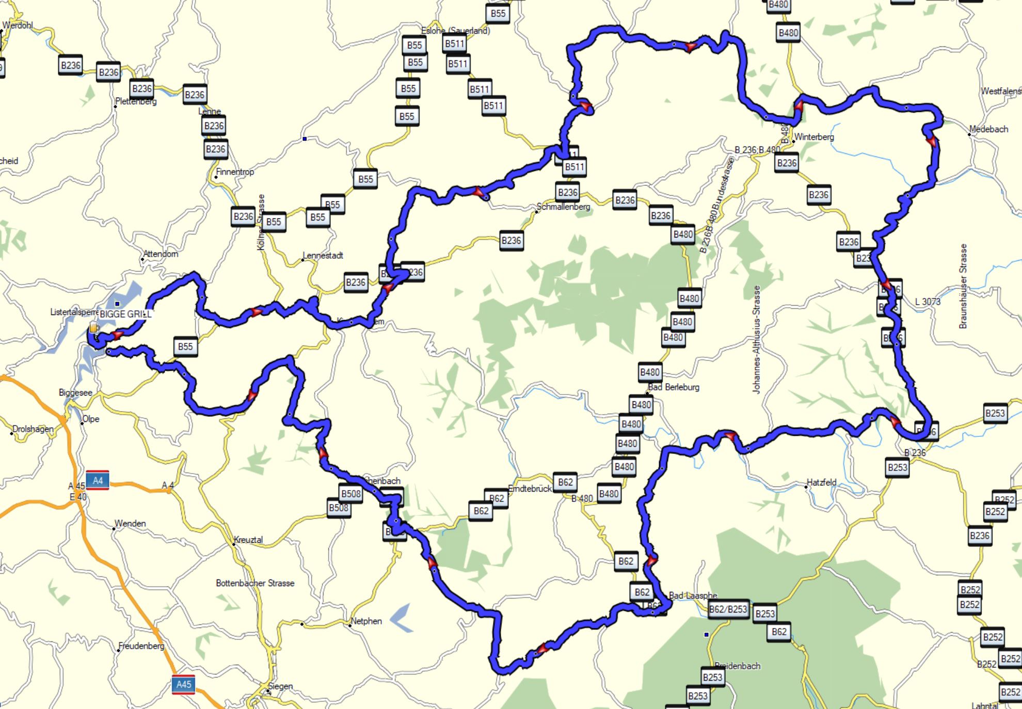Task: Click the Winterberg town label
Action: click(x=814, y=137)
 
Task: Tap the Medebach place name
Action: click(x=988, y=129)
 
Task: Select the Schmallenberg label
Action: click(x=563, y=207)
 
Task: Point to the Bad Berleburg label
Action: click(x=674, y=387)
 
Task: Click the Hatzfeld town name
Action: click(x=821, y=482)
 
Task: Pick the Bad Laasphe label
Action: click(x=693, y=595)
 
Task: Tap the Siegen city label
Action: click(x=280, y=686)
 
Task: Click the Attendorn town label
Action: click(x=161, y=254)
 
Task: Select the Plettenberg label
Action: click(x=136, y=101)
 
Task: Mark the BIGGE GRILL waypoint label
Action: click(x=125, y=314)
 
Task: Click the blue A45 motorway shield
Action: click(x=184, y=684)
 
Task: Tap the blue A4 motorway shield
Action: click(x=98, y=481)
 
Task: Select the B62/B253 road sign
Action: click(x=728, y=609)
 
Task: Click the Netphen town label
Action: click(x=366, y=621)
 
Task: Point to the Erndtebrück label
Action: click(x=530, y=489)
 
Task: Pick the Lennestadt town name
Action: click(x=323, y=255)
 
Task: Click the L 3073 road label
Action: click(x=928, y=302)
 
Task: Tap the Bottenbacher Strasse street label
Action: click(x=255, y=583)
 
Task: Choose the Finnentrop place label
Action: click(x=235, y=172)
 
